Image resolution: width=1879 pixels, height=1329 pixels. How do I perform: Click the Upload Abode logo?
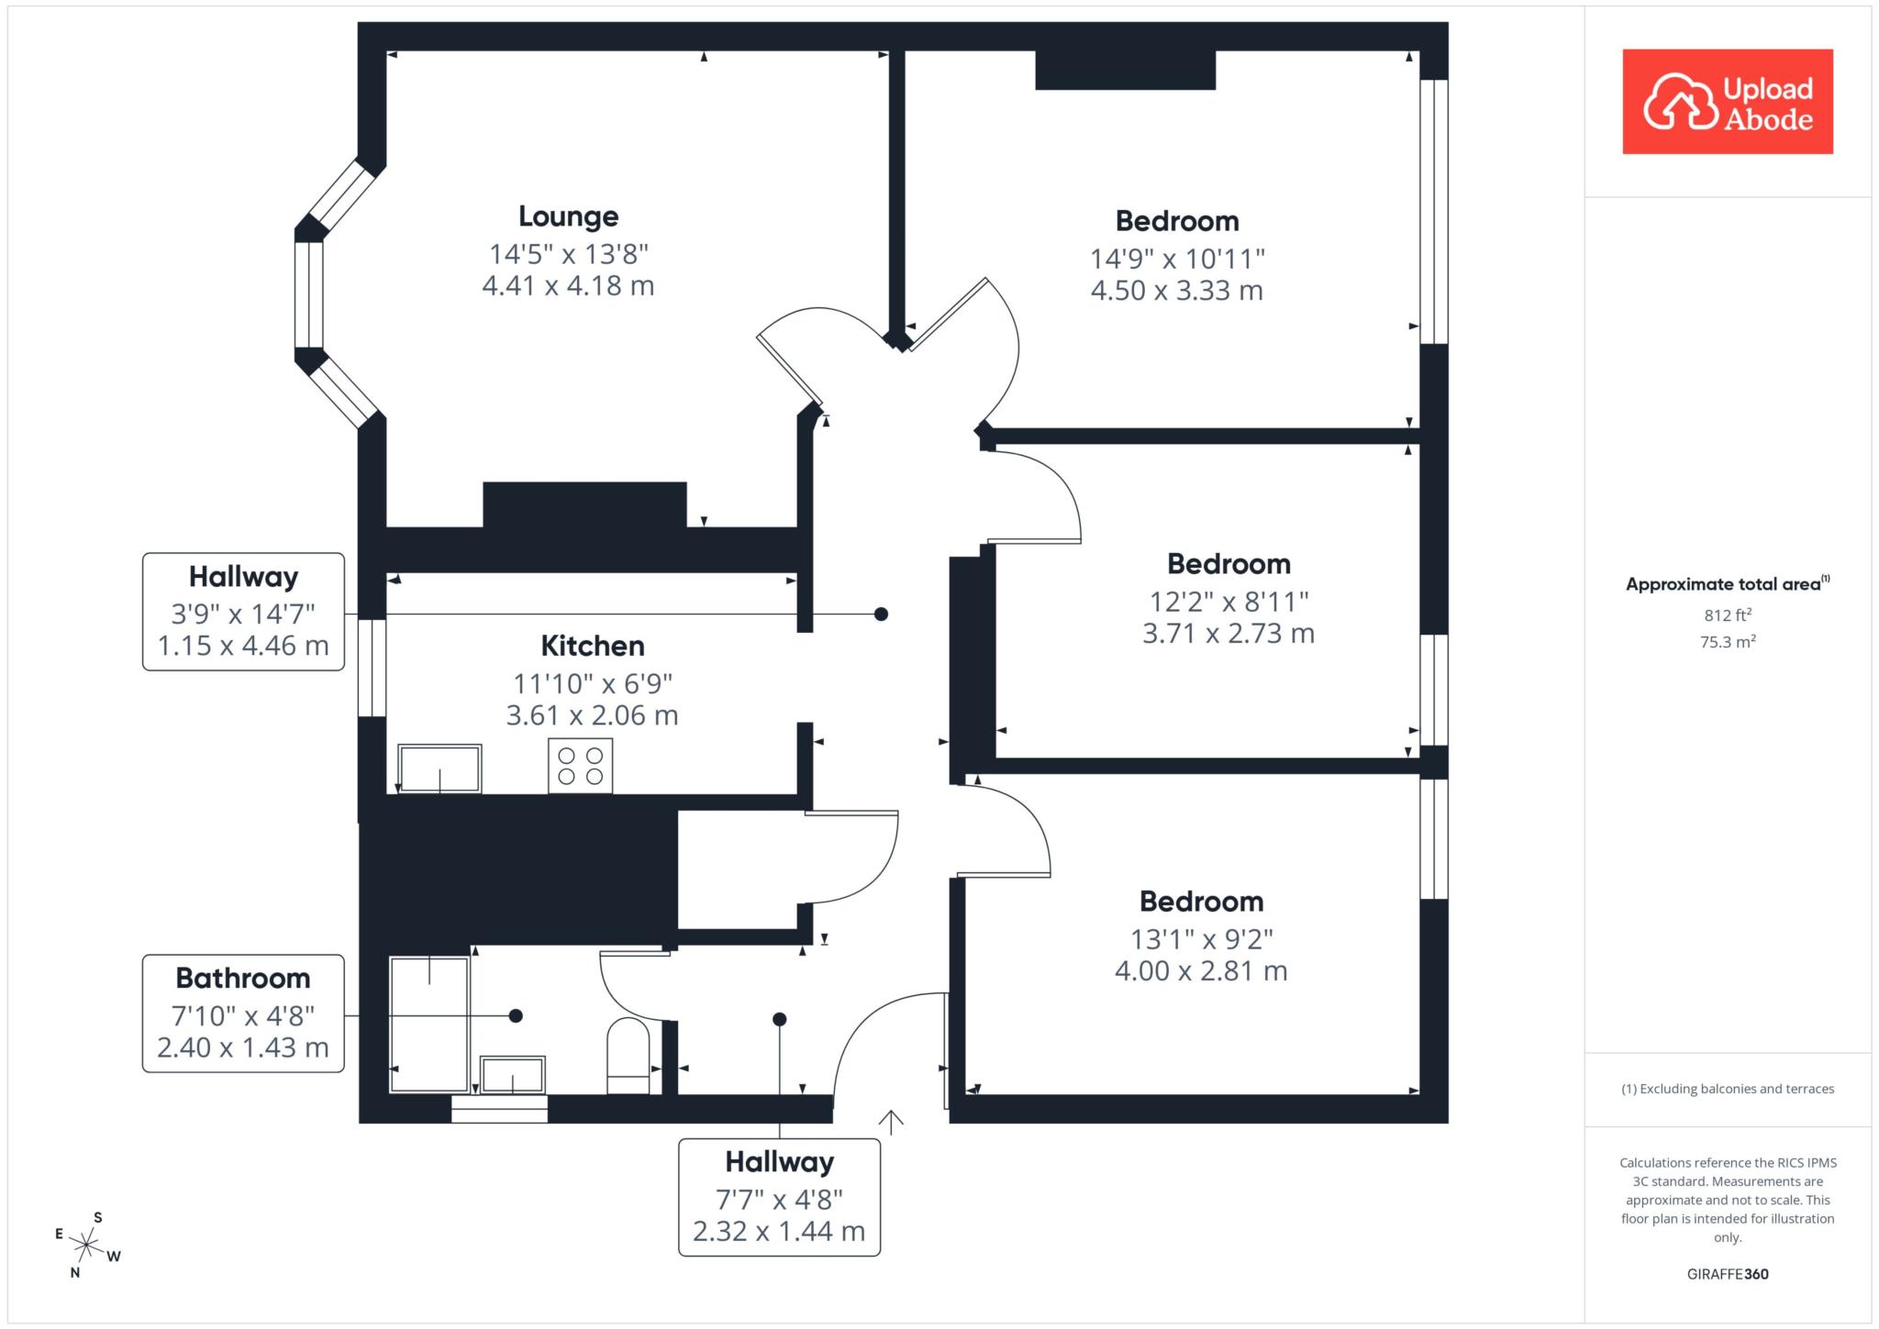1728,101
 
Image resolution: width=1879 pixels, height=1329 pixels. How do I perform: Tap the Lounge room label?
569,216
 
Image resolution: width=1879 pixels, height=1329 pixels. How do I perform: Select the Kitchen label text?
593,646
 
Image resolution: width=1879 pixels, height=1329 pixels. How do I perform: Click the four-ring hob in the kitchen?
580,765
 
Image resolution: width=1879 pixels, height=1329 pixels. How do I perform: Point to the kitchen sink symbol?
439,769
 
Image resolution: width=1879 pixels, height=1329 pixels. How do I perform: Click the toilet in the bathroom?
628,1056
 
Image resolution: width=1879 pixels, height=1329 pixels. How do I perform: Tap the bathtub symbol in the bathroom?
429,1024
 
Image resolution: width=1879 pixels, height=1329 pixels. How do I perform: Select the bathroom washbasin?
513,1075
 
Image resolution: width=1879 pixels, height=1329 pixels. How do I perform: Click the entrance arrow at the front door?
891,1122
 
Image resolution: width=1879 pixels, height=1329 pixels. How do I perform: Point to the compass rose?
87,1245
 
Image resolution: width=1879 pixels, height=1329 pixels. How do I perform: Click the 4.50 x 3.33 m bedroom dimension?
1177,291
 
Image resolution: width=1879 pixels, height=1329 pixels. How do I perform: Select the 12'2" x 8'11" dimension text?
1229,602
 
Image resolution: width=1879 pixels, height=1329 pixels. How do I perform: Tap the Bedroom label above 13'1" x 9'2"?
1202,902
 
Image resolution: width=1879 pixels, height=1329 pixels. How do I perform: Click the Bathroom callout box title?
243,979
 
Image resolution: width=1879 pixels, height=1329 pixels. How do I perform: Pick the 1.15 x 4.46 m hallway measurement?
243,646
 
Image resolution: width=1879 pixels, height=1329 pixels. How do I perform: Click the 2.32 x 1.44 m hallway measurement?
779,1231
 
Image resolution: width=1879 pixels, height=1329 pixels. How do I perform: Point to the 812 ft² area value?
1729,615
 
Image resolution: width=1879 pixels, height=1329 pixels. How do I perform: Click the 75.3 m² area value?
1729,641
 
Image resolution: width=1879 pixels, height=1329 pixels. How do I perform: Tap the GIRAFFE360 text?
1728,1274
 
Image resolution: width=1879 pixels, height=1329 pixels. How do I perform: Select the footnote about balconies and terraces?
1728,1089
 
